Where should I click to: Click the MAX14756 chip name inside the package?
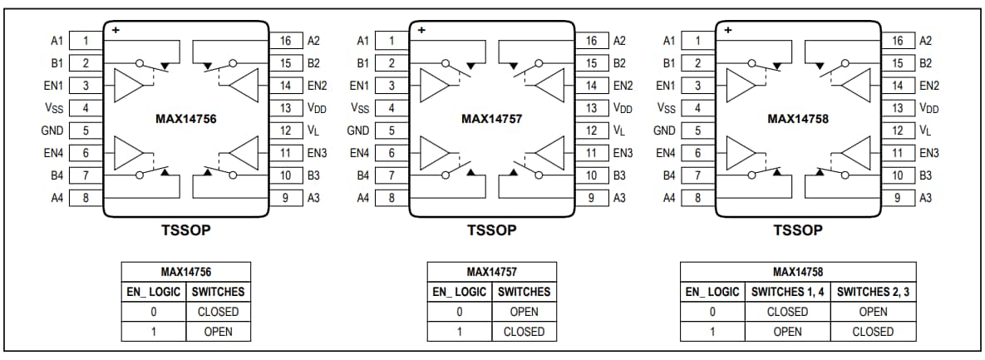[x=185, y=119]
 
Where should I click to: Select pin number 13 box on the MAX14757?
[x=591, y=108]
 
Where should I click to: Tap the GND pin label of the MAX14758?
[x=664, y=131]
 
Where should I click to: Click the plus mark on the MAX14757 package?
[x=421, y=30]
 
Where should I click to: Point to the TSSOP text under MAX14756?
[x=185, y=230]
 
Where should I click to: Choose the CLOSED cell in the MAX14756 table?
[x=218, y=312]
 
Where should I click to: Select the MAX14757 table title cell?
[x=491, y=272]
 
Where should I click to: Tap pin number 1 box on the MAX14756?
[x=86, y=40]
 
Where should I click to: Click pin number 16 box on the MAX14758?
[x=897, y=40]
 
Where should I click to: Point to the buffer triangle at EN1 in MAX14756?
[x=129, y=84]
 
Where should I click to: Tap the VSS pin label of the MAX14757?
[x=359, y=108]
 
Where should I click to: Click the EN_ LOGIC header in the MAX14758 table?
[x=711, y=292]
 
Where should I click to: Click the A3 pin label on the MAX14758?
[x=924, y=198]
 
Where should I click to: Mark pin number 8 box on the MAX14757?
[x=392, y=198]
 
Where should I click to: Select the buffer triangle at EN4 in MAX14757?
[x=435, y=152]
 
